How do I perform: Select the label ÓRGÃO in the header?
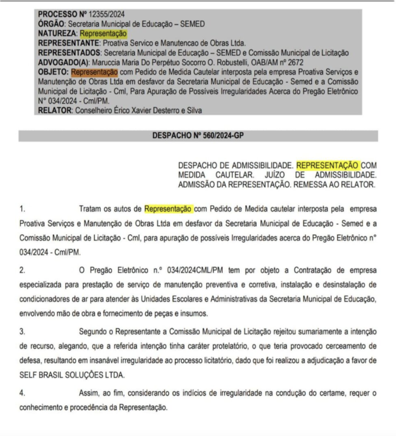(x=51, y=24)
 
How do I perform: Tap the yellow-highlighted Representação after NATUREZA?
(x=103, y=33)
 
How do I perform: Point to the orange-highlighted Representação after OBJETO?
(x=95, y=72)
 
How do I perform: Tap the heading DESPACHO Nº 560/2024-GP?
(x=198, y=136)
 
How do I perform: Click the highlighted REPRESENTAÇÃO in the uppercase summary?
(x=328, y=165)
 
